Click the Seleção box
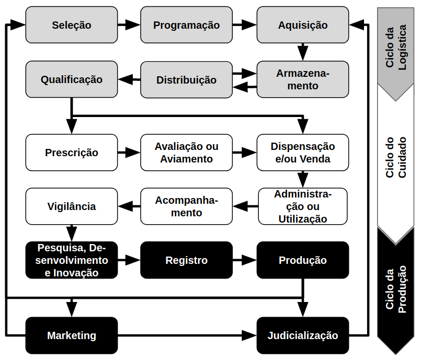tap(72, 25)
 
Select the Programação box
tap(187, 25)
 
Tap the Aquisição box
tap(303, 25)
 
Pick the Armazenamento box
tap(303, 79)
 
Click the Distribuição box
tap(187, 79)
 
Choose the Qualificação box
tap(72, 79)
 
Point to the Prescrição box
tap(72, 153)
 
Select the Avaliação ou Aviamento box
tap(187, 153)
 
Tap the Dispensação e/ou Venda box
tap(303, 153)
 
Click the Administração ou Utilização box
tap(303, 206)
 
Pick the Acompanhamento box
tap(187, 206)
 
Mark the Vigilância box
tap(72, 206)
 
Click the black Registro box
tap(187, 260)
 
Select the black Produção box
tap(303, 260)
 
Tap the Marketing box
tap(72, 335)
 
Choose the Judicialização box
tap(303, 335)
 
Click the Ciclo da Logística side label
tap(396, 52)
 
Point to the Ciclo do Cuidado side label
tap(396, 157)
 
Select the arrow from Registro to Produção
tap(245, 260)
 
